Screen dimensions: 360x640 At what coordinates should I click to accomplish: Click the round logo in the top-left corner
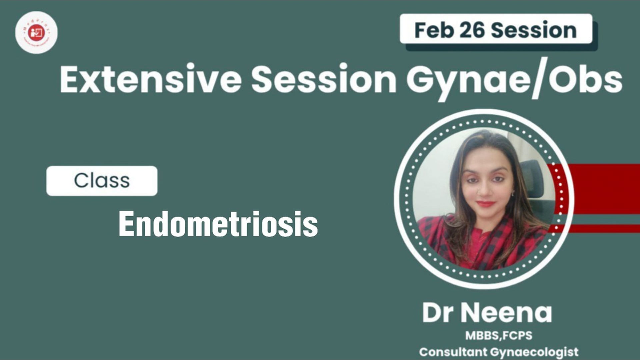pyautogui.click(x=36, y=32)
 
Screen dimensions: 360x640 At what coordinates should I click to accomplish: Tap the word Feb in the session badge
pyautogui.click(x=434, y=30)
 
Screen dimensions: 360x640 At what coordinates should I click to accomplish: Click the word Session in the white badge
pyautogui.click(x=534, y=30)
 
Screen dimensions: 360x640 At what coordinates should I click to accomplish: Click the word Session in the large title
pyautogui.click(x=323, y=79)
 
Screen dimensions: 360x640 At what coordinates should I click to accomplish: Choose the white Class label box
pyautogui.click(x=102, y=181)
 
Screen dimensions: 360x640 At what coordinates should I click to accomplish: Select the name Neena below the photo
pyautogui.click(x=506, y=313)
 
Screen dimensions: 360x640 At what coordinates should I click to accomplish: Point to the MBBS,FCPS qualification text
pyautogui.click(x=499, y=335)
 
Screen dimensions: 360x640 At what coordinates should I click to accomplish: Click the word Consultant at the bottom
pyautogui.click(x=453, y=352)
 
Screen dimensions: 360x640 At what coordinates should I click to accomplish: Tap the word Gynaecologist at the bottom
pyautogui.click(x=534, y=352)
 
